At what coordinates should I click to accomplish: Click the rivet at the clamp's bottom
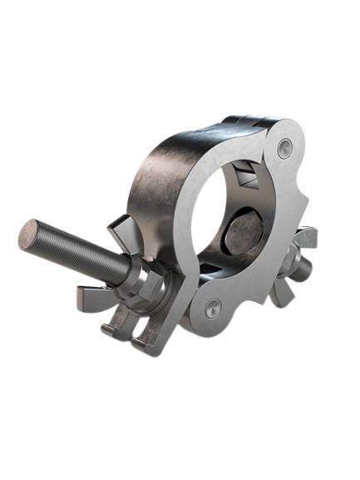click(x=215, y=304)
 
